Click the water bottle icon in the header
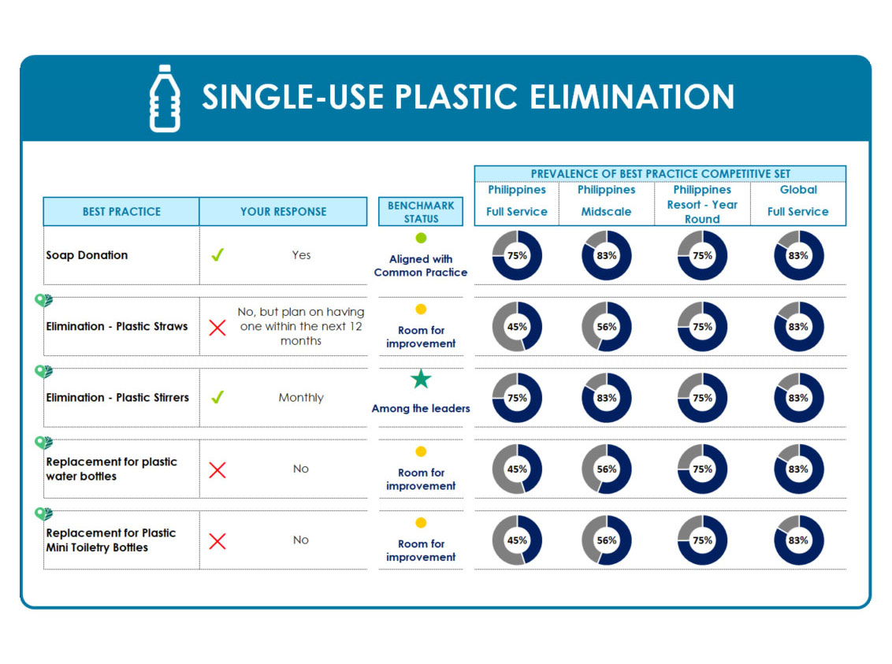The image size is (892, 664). point(165,98)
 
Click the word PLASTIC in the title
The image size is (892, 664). point(456,97)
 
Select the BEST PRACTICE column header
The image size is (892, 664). point(121,211)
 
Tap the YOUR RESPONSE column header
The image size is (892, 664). point(284,211)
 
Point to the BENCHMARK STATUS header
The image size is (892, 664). point(421,211)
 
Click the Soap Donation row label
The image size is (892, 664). point(87,255)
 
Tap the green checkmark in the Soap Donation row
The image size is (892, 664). point(217,254)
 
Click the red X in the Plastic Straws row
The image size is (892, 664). point(217,328)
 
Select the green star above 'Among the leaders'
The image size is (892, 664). point(421,379)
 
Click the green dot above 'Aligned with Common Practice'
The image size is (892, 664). point(421,238)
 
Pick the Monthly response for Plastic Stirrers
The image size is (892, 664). point(301,398)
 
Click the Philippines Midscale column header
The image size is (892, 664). point(607,201)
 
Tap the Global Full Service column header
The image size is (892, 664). point(798,201)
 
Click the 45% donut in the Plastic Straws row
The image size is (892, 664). point(517,326)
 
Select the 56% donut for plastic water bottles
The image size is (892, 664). point(607,469)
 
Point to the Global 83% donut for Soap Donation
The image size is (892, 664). point(798,255)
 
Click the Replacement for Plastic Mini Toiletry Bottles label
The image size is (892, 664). point(111,540)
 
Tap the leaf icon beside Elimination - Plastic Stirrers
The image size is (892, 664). point(44,371)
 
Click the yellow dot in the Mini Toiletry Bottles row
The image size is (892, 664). point(421,522)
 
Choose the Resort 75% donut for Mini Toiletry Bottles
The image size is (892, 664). point(702,540)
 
